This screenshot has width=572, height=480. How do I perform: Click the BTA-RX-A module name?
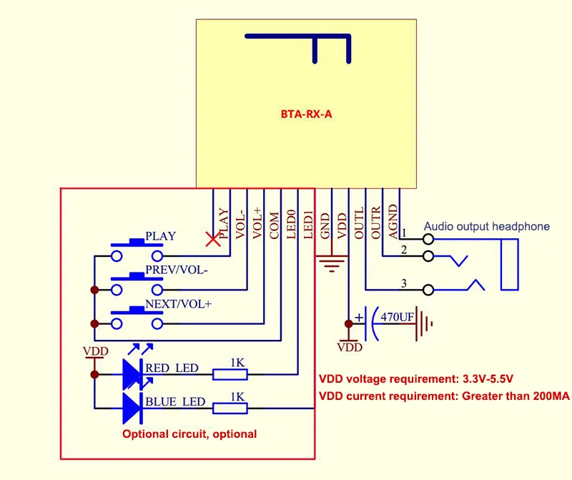point(306,113)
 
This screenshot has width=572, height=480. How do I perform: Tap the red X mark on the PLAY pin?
point(212,240)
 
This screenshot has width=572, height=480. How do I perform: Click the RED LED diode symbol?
point(133,373)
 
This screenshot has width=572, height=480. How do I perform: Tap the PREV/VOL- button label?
point(176,270)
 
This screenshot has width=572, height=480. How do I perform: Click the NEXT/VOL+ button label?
point(179,304)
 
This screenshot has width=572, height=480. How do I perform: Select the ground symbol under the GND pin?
point(330,264)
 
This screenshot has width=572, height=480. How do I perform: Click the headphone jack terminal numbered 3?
point(428,290)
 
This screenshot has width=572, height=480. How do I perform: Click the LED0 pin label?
point(291,224)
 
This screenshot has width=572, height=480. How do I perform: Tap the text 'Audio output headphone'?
point(487,227)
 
